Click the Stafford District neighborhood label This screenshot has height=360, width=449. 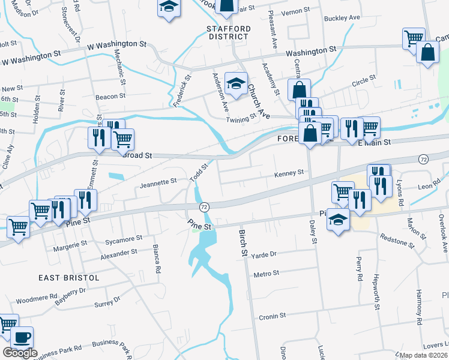tap(227, 32)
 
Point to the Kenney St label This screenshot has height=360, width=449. tap(289, 173)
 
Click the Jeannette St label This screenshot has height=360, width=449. tap(158, 180)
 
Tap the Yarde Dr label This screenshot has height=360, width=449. tap(264, 254)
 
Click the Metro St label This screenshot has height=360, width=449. tap(267, 273)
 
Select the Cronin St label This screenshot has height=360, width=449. tap(272, 316)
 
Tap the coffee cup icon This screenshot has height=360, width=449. tap(22, 337)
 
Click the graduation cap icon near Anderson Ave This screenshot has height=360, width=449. tap(236, 83)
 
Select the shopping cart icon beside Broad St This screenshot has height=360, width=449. tap(122, 139)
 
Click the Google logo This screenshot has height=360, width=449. tap(20, 353)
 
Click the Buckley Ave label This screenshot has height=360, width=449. tap(342, 18)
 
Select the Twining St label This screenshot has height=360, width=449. tap(241, 119)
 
